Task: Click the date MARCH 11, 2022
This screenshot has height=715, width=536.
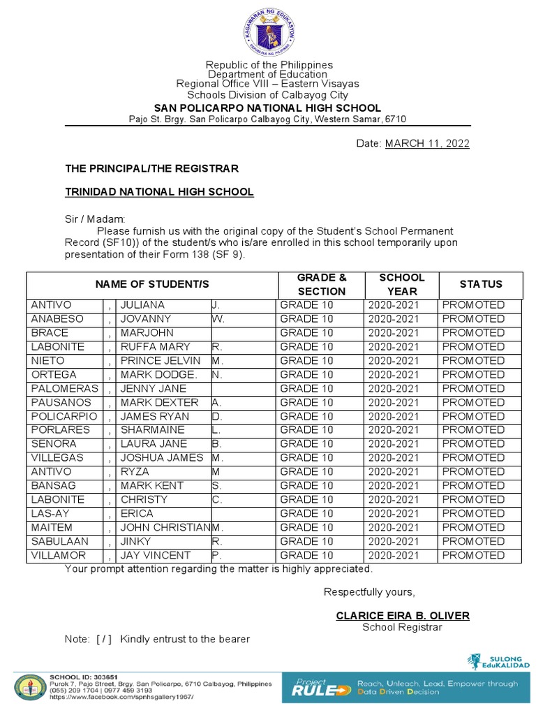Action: click(427, 144)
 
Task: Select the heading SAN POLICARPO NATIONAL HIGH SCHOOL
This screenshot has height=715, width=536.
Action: click(267, 108)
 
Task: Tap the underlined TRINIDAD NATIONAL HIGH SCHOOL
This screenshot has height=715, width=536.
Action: click(159, 192)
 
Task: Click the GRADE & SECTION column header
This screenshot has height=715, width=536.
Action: click(321, 285)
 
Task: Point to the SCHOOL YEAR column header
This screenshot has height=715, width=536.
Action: click(401, 285)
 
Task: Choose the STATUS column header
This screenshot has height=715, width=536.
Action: click(480, 284)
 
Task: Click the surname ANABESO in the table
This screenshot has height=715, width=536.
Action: click(57, 319)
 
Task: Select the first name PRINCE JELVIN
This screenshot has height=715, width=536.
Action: click(160, 361)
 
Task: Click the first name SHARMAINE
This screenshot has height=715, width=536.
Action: click(152, 430)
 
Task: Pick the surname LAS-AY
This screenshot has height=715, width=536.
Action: click(50, 514)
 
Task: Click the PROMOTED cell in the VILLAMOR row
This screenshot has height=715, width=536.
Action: click(473, 556)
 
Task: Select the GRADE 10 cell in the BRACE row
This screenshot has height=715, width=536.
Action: click(306, 333)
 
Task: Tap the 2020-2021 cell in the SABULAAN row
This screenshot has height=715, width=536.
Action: click(394, 542)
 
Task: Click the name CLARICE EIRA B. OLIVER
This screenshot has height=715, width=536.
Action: click(402, 616)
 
